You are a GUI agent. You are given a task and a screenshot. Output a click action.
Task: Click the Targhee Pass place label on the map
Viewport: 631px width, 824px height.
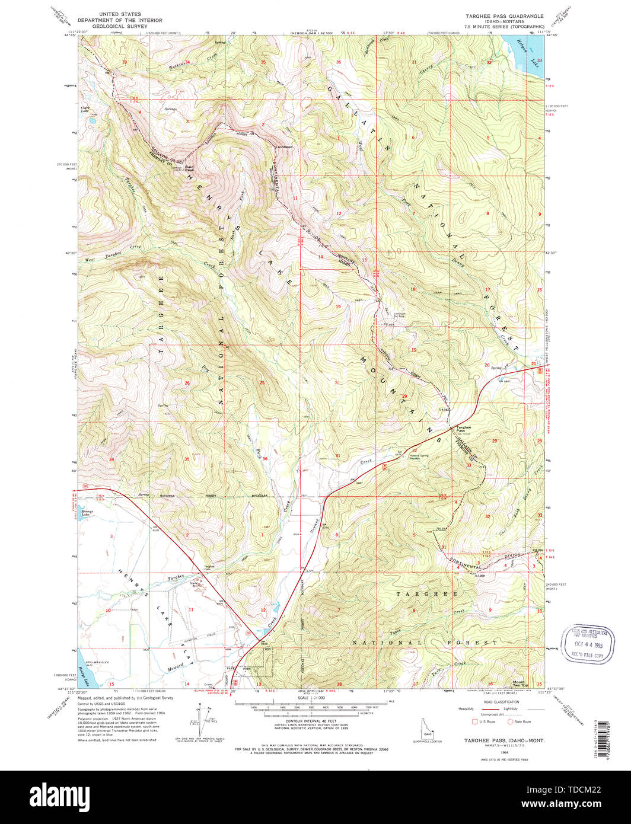point(464,429)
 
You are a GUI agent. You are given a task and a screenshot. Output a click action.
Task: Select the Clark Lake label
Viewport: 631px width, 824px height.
point(87,110)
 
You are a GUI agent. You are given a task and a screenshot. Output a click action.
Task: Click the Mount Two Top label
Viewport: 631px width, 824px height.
point(520,684)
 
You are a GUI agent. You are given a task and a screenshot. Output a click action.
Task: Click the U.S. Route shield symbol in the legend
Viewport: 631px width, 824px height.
point(474,721)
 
